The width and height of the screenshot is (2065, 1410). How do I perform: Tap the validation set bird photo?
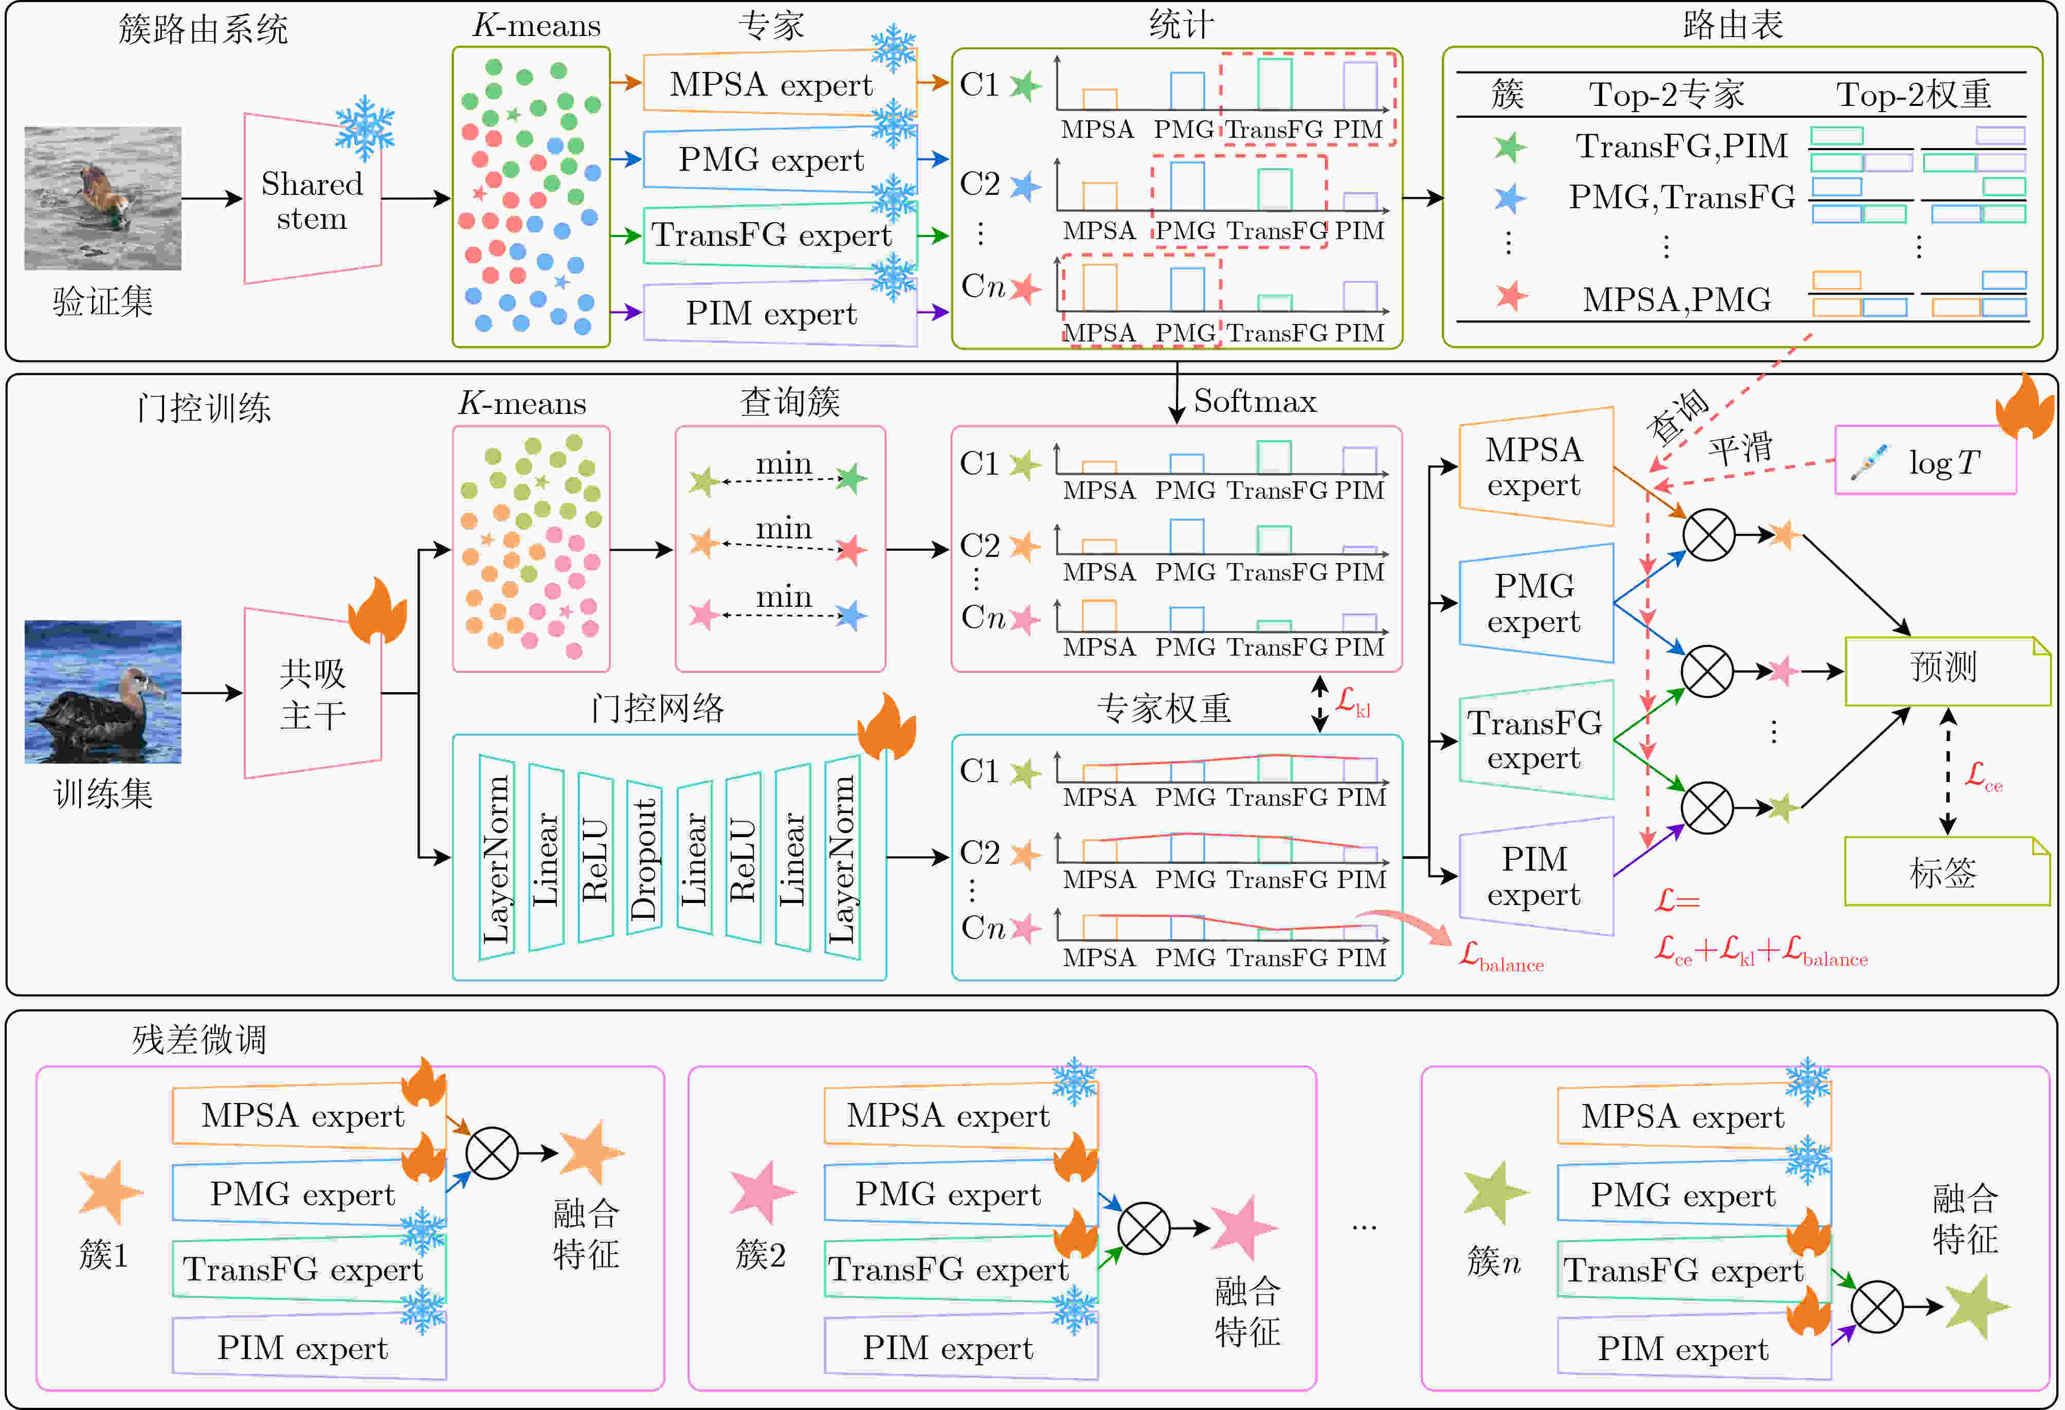(103, 198)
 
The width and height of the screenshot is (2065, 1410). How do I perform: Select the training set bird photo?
(103, 691)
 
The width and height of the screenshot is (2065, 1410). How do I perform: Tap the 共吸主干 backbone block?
(313, 693)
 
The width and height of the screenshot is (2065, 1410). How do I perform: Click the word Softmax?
(1255, 402)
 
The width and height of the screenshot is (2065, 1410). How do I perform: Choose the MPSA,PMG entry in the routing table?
(1677, 299)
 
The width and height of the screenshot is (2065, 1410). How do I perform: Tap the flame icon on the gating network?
(887, 727)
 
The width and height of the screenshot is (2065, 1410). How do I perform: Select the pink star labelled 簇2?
(763, 1192)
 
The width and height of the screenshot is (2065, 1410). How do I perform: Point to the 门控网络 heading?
(658, 708)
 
